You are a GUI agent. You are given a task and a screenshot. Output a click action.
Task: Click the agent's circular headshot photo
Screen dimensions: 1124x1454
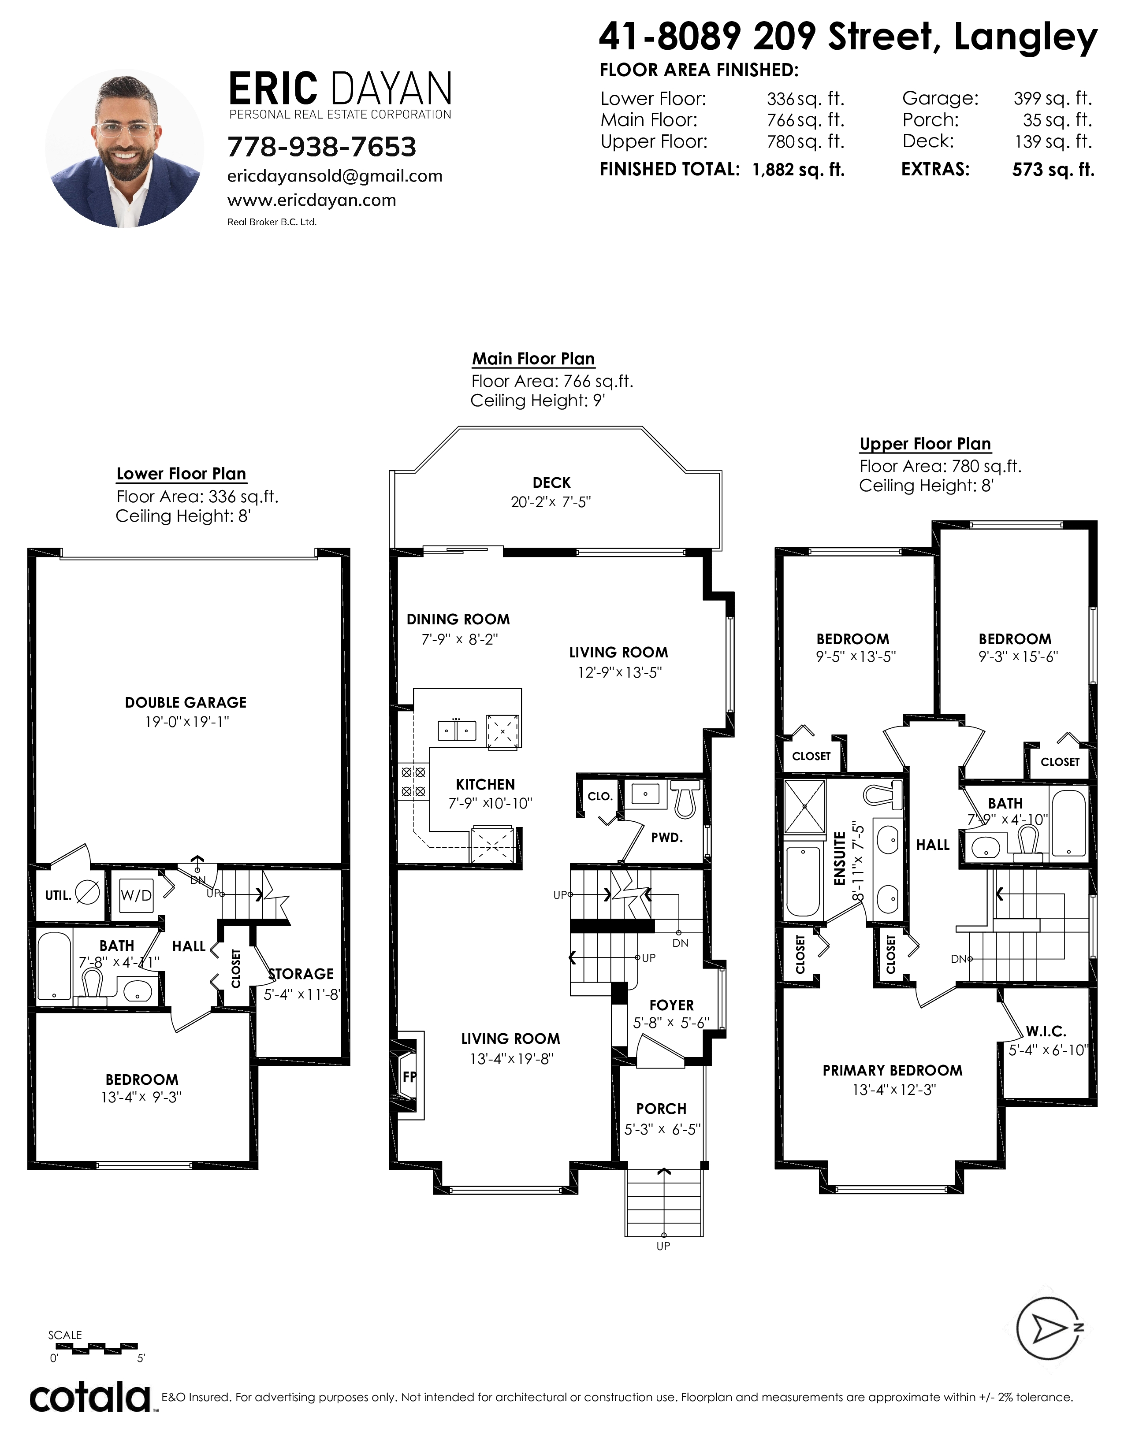point(124,148)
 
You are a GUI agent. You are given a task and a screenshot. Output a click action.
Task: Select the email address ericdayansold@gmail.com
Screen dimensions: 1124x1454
point(335,176)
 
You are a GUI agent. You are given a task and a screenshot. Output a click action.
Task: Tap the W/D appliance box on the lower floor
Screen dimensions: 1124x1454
point(136,895)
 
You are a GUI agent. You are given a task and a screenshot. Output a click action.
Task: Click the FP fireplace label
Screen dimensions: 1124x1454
point(409,1076)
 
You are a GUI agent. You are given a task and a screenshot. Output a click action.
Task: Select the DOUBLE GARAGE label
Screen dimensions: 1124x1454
point(186,702)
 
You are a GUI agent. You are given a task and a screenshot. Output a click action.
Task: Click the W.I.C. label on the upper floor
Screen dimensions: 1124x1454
point(1046,1032)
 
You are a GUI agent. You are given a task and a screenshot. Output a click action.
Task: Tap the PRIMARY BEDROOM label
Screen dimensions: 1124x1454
point(892,1071)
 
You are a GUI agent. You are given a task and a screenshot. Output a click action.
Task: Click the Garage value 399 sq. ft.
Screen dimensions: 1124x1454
point(1053,99)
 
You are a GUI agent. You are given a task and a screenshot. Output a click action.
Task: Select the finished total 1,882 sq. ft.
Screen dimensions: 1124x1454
point(798,170)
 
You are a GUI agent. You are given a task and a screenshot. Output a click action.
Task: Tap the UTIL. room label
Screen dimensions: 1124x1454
point(58,895)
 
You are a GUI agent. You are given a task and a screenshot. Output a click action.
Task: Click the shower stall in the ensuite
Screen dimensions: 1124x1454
point(804,806)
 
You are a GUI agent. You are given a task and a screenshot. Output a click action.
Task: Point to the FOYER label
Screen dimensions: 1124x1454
point(671,1005)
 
